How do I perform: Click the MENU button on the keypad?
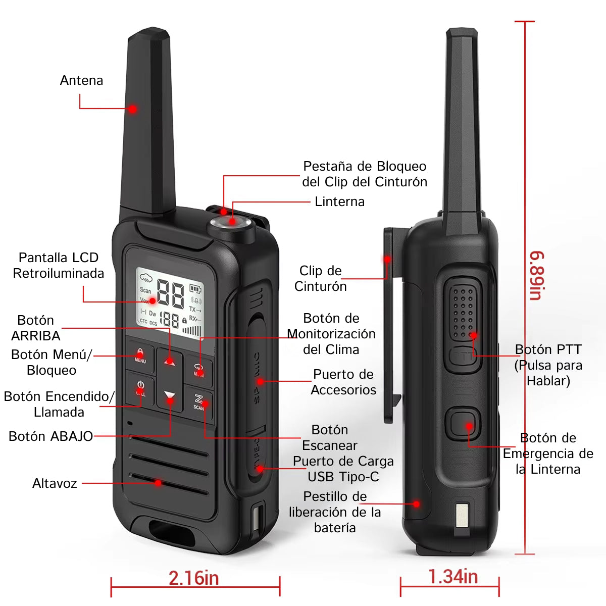point(140,357)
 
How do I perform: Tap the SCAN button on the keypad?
point(199,403)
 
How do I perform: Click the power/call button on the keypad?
point(140,389)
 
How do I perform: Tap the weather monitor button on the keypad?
point(199,371)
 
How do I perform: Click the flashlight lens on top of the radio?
point(231,222)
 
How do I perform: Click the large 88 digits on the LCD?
point(171,293)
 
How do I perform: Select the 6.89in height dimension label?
point(537,275)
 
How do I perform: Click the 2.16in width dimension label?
point(194,578)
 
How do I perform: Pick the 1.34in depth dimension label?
point(453,577)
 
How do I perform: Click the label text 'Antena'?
point(81,80)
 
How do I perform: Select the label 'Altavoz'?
point(55,483)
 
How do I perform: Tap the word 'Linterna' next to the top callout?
point(340,201)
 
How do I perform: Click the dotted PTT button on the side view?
point(463,312)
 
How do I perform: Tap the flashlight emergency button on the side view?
point(463,423)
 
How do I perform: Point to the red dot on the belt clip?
point(387,259)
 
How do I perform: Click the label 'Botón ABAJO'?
point(50,436)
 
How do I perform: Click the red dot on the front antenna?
point(133,109)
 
